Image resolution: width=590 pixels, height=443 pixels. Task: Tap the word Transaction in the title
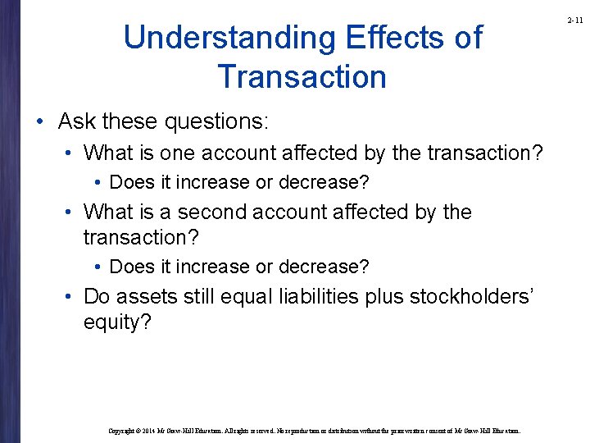tap(302, 76)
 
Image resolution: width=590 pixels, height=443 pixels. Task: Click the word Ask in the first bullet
tap(76, 122)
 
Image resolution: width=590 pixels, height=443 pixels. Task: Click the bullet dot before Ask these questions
tap(42, 123)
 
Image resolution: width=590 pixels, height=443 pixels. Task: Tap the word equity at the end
tap(116, 322)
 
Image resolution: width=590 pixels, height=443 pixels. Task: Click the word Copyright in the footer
tap(125, 429)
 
